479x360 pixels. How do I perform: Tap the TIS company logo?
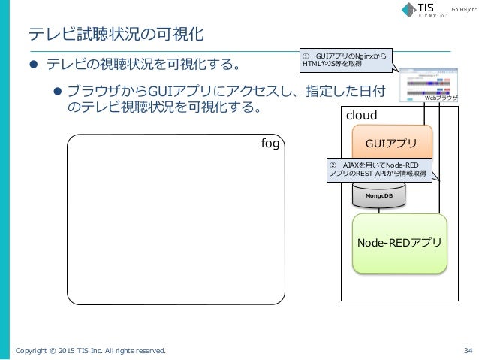click(x=425, y=11)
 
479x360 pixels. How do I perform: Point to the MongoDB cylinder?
click(x=378, y=195)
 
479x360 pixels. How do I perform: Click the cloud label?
click(x=360, y=116)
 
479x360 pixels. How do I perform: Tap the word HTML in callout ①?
click(x=311, y=65)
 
